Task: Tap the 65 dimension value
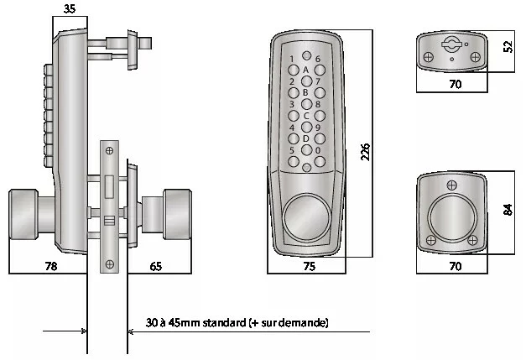157,267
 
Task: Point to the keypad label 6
318,59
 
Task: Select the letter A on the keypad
305,70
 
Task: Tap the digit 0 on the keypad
318,151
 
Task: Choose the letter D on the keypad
305,139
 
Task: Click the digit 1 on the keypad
292,59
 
